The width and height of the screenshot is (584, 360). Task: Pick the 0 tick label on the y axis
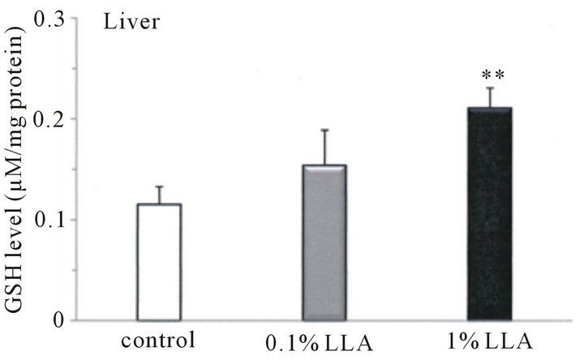point(64,320)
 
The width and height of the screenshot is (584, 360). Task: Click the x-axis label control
point(159,339)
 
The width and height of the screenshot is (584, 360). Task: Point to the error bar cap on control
point(159,186)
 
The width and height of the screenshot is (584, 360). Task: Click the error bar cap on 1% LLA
point(490,88)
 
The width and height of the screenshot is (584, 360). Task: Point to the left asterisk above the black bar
point(484,75)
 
